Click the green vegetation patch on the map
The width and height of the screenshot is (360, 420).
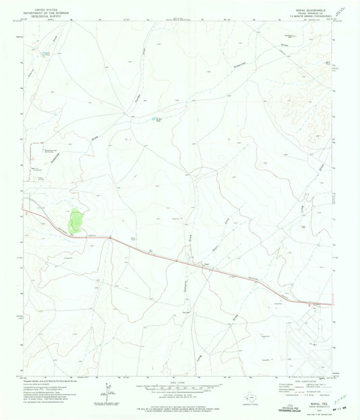click(76, 219)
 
